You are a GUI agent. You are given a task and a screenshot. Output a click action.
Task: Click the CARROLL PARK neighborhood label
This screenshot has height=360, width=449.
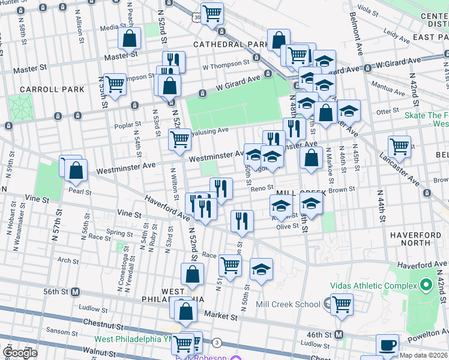coord(43,89)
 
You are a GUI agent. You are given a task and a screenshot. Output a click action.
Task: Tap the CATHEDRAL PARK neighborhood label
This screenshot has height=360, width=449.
coord(231,45)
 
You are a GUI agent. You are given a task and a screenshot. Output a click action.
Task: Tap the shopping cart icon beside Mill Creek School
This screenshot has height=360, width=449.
coord(342,303)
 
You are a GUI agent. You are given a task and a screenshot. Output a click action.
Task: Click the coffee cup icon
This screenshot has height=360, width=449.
coord(387,345)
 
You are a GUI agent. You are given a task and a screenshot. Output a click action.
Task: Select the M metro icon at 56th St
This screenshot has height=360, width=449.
coord(76,292)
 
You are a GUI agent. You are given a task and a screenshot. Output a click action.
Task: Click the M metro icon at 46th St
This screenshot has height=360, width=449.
coord(339,334)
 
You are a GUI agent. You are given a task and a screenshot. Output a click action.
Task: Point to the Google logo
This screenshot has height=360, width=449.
coord(20,352)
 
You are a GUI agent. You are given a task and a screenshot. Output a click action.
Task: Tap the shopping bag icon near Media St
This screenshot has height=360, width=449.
coord(130,39)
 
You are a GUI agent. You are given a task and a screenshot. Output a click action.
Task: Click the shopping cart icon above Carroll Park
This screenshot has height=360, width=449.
coord(115,83)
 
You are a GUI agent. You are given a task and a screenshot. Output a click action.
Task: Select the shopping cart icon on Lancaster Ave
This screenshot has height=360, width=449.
coord(399,145)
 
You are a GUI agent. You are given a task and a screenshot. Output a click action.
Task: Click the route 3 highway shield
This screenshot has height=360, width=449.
coord(216,342)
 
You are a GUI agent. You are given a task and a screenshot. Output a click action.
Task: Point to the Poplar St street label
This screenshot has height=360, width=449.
coord(127,125)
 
